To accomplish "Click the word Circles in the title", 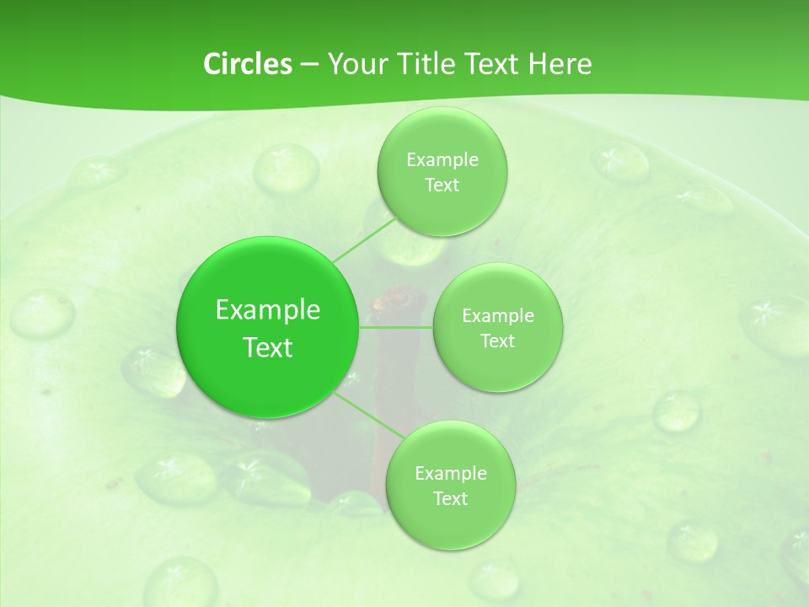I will (247, 64).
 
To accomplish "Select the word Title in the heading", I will (425, 64).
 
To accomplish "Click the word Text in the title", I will (490, 64).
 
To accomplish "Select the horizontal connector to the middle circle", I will (396, 327).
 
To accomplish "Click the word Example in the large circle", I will (268, 310).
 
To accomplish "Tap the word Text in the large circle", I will (268, 347).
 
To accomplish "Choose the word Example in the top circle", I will (442, 160).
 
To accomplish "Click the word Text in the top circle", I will (442, 185).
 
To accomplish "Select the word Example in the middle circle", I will (498, 316).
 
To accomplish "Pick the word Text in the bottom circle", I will (450, 498).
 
